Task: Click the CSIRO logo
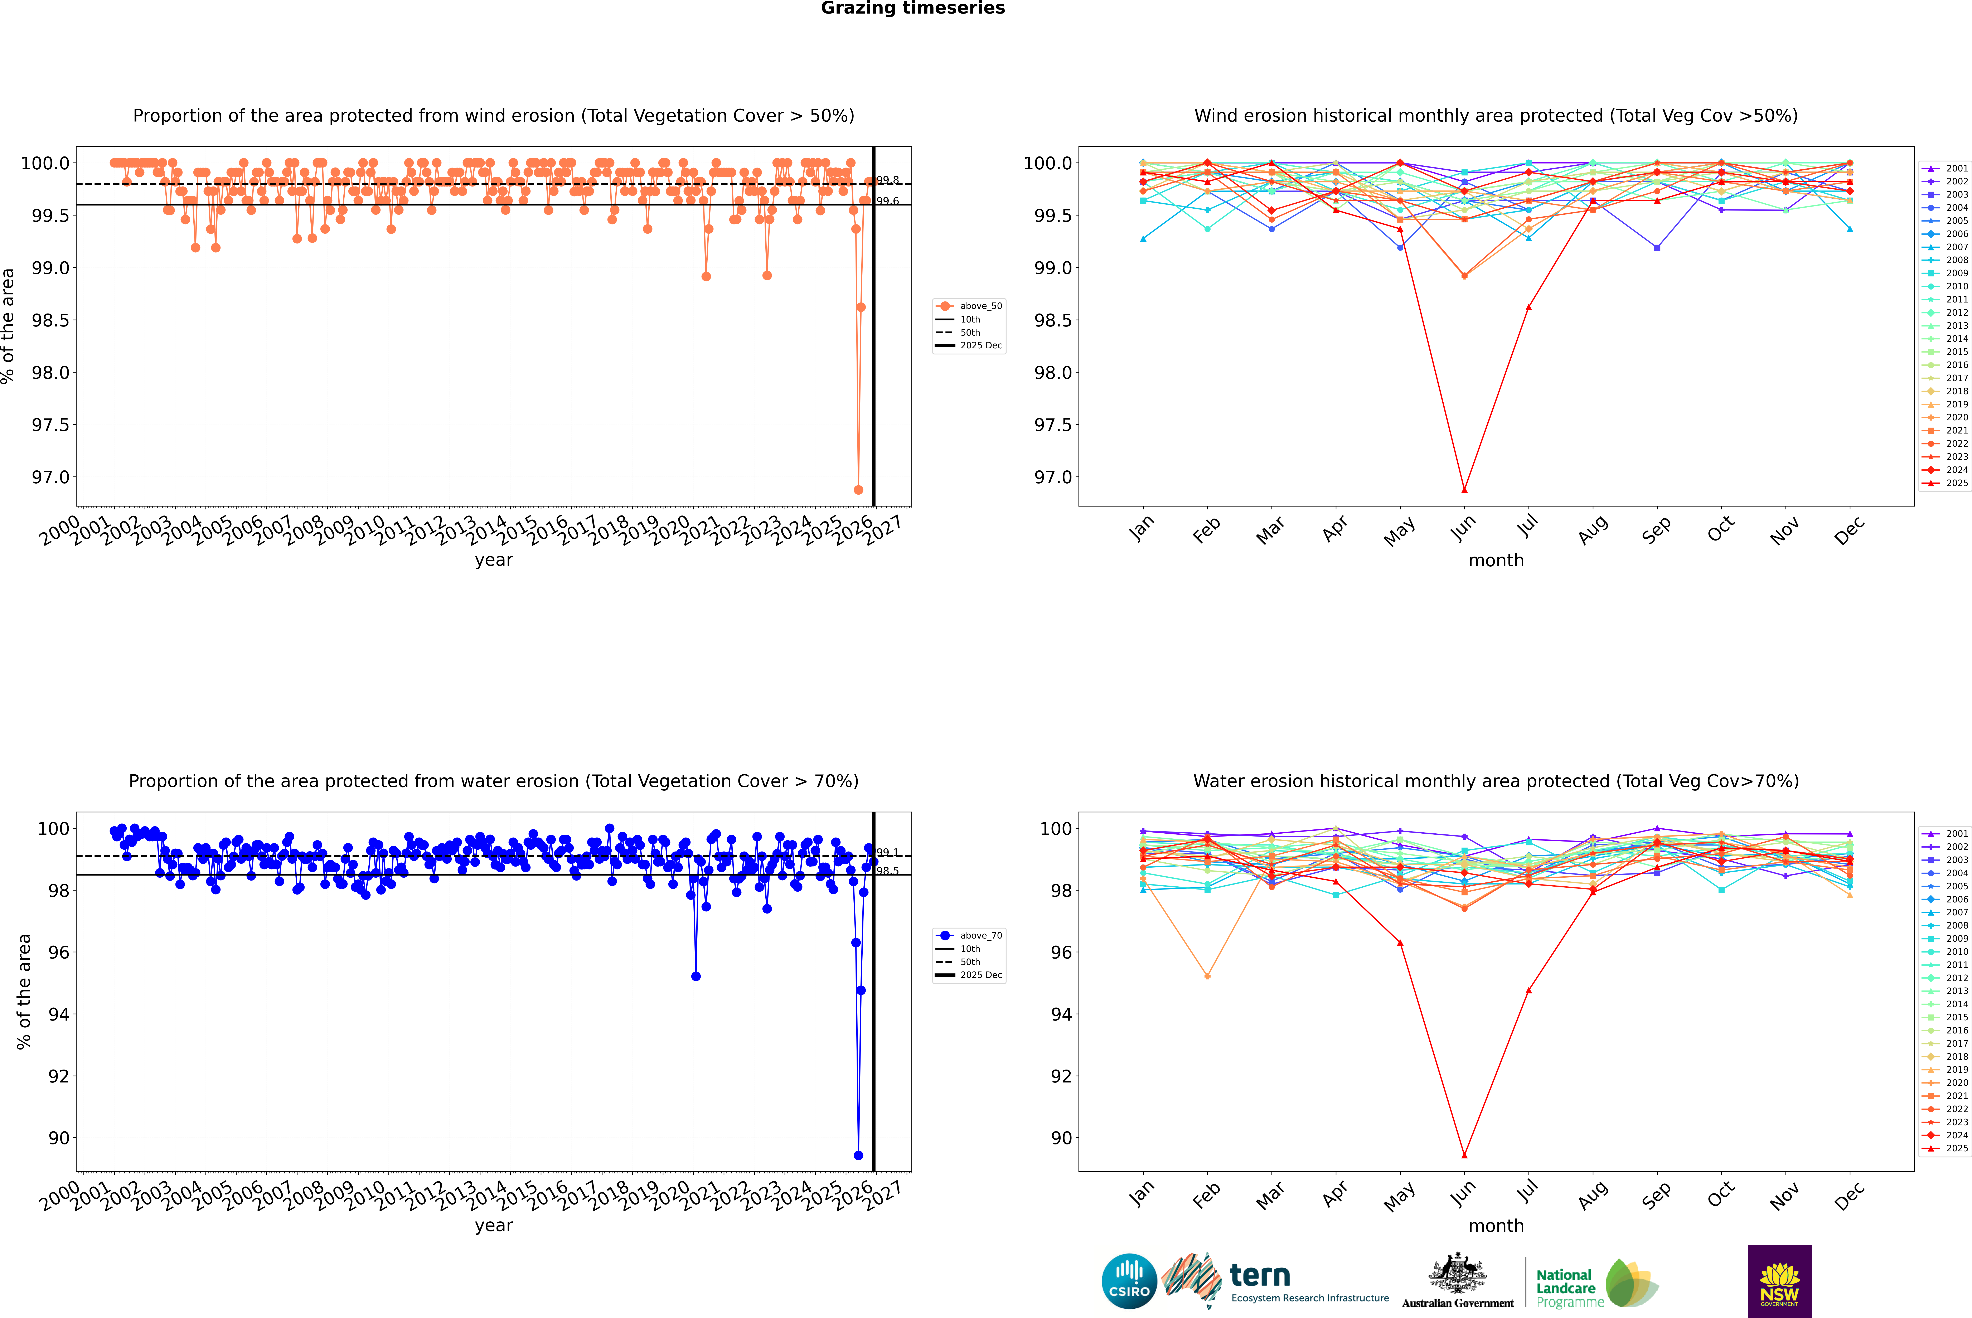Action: pos(1129,1281)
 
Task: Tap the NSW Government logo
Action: pos(1779,1281)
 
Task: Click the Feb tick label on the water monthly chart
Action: pos(1205,1195)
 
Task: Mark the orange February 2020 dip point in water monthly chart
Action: pos(1207,976)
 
